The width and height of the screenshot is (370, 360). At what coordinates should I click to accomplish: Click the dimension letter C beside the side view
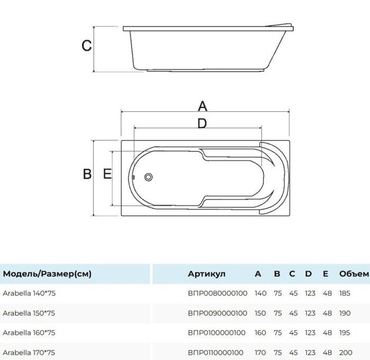click(87, 45)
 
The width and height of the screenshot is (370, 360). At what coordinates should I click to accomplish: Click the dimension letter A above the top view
click(202, 106)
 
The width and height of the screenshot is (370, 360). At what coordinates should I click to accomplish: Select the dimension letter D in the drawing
click(202, 123)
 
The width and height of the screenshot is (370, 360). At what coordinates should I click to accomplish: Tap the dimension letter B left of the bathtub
click(87, 174)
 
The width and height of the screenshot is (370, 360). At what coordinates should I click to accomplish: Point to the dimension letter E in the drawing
click(107, 174)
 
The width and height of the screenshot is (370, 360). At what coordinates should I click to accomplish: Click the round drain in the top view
click(149, 177)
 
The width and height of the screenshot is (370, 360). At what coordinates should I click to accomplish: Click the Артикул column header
click(207, 274)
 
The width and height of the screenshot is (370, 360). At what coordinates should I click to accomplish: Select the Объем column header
click(354, 274)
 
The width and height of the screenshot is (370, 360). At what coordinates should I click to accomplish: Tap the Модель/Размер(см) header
click(47, 274)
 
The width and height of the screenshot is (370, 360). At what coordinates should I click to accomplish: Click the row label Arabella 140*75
click(29, 293)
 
